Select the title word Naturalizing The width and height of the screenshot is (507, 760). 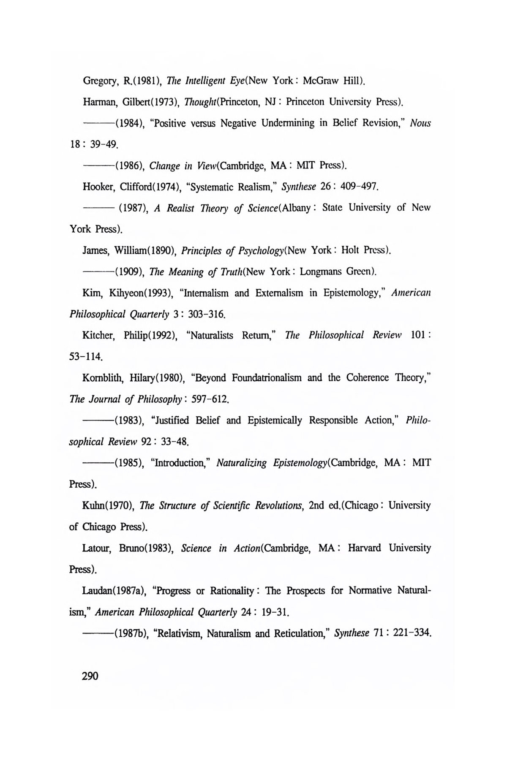tap(241, 463)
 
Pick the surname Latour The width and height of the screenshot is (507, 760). tap(97, 548)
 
